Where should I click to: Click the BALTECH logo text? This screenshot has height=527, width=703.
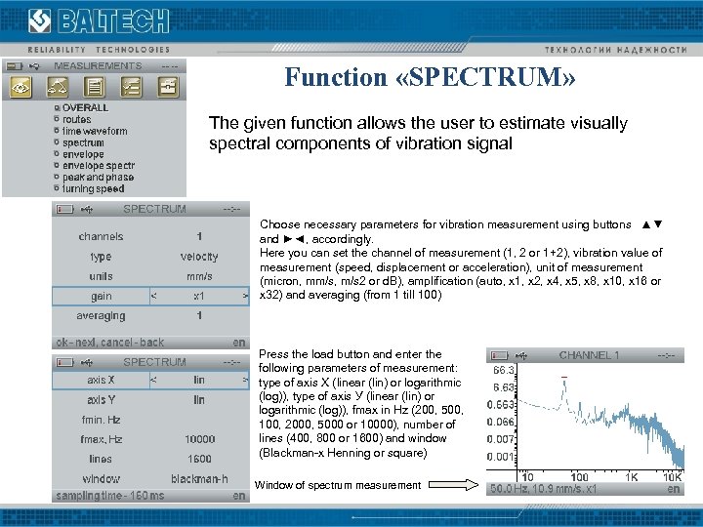[113, 21]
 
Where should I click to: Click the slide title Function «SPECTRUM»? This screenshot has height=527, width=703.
[431, 77]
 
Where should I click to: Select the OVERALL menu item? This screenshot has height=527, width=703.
[85, 107]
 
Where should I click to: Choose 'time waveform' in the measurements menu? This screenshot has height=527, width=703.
[94, 131]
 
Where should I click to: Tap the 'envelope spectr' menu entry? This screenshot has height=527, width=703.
[98, 166]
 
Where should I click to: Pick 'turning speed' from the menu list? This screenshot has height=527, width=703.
[93, 189]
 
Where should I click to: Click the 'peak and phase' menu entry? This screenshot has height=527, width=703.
[98, 178]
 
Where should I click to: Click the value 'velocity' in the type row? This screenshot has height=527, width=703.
[199, 257]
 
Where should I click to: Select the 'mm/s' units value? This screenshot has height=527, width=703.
[199, 276]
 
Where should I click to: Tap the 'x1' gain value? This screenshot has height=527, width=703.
[199, 296]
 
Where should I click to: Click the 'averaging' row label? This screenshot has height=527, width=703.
[102, 316]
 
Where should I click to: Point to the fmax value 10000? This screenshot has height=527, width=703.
[199, 439]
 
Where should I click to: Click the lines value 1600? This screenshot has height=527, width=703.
[199, 459]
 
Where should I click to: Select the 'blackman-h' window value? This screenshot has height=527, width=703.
[199, 479]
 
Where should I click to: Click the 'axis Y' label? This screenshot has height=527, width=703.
[102, 400]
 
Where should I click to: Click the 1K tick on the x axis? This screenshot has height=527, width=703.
[633, 477]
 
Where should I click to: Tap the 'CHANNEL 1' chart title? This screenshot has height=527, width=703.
[589, 355]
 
